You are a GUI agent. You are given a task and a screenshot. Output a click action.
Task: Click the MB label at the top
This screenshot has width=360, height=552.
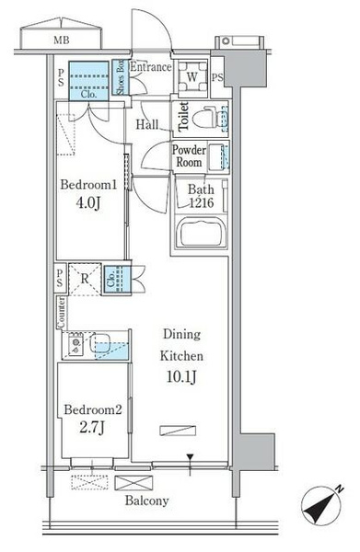coord(62,40)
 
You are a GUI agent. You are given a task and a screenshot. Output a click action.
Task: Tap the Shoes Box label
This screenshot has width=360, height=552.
coord(121,77)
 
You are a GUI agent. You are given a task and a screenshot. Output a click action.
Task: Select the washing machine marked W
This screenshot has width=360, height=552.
coord(192,76)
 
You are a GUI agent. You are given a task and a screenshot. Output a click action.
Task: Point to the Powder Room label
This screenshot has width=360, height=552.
coord(189,156)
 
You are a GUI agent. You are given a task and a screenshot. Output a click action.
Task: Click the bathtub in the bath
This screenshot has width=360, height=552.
coord(200,234)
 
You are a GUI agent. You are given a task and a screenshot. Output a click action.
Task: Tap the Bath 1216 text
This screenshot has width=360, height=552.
coord(201,196)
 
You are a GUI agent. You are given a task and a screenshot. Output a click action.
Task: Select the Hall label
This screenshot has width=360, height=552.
coord(147,124)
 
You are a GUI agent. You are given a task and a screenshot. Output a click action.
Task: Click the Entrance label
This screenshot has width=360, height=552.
coord(151,66)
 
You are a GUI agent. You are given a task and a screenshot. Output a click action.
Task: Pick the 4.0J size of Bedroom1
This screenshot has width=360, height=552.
coord(88,202)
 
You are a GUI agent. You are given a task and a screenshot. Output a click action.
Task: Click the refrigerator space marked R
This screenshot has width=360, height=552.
coord(85,279)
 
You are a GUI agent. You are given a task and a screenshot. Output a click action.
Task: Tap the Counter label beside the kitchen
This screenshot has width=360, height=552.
coord(62,312)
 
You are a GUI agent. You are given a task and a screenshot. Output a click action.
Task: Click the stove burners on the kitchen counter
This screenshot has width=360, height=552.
coord(75,343)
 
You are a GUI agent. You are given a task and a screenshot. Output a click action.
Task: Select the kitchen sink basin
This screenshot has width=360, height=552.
coord(99,342)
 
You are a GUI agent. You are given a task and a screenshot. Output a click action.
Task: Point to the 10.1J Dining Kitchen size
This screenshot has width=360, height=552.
coord(181,376)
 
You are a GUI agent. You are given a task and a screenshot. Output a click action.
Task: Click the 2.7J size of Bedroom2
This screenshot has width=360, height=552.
coord(91,428)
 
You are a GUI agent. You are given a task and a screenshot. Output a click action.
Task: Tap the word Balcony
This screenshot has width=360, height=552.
coord(147,500)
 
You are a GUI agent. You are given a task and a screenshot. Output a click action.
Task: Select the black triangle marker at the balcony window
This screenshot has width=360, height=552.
coord(191,457)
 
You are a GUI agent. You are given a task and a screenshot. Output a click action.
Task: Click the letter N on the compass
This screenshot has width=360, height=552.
coord(339,489)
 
